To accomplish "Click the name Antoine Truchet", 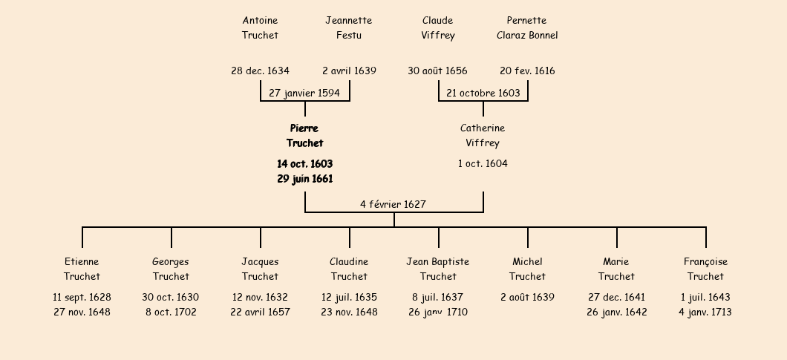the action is click(260, 27).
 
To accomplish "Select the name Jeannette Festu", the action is click(349, 27).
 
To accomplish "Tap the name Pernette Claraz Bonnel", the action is click(527, 27).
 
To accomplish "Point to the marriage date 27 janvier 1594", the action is click(304, 93).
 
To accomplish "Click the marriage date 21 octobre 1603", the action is click(483, 93).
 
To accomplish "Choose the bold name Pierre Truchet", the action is click(304, 136).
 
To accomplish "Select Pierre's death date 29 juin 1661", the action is click(304, 179).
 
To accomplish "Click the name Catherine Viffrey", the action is click(483, 136).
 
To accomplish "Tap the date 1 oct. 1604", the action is click(483, 164).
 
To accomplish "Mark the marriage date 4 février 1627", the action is click(393, 204).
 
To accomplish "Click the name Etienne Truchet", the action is click(82, 269).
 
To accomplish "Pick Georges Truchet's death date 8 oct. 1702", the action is click(171, 312).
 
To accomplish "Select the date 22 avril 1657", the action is click(260, 312).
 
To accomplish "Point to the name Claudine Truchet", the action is click(349, 269).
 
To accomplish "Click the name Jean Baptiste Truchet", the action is click(437, 269).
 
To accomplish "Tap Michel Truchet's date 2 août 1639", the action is click(527, 297).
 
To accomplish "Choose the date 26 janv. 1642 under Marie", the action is click(616, 312).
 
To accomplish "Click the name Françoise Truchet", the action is click(705, 269).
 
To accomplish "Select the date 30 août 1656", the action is click(437, 71).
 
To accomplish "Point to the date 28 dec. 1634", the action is click(260, 71).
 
